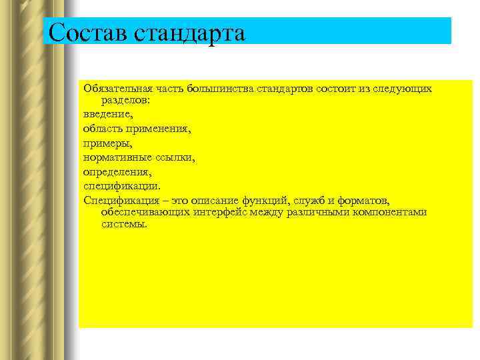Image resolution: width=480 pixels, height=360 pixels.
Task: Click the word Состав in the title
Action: pos(83,32)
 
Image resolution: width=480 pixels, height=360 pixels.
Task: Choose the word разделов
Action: pos(125,101)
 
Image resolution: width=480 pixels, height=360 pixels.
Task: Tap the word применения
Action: pos(160,129)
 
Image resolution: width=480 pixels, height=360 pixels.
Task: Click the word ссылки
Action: pos(175,157)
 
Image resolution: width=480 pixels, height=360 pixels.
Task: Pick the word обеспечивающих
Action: pos(144,212)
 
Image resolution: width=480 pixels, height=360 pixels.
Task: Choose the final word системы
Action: pos(123,224)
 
